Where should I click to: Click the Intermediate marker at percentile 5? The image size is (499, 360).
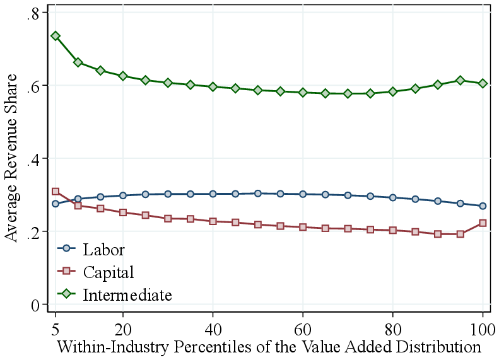click(56, 36)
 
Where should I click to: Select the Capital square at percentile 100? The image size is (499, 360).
click(483, 223)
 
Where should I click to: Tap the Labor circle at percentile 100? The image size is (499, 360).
click(483, 206)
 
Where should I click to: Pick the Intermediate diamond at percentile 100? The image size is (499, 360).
click(483, 83)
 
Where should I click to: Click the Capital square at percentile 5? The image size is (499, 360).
click(56, 192)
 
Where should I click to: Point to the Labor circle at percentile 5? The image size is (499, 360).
click(56, 204)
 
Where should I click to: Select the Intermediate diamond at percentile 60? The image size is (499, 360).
click(303, 92)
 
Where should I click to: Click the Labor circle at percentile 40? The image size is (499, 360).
click(213, 194)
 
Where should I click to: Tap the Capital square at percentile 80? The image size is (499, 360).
click(393, 230)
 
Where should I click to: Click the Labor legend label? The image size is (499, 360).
click(104, 250)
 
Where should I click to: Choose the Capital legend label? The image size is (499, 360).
click(109, 272)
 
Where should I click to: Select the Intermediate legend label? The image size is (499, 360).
click(127, 294)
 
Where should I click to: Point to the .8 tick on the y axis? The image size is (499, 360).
click(33, 13)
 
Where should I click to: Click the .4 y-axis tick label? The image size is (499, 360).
click(33, 159)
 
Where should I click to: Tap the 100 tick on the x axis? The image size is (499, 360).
click(483, 328)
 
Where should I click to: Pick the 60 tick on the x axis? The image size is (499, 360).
click(303, 328)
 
